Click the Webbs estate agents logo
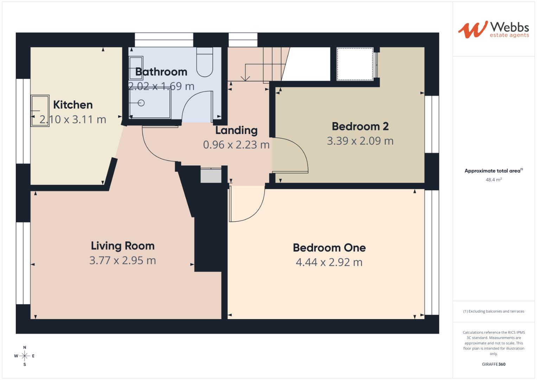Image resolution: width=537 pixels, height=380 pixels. pyautogui.click(x=493, y=30)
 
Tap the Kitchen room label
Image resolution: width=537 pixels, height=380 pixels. pyautogui.click(x=73, y=105)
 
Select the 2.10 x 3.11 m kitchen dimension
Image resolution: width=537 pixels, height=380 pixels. pyautogui.click(x=73, y=120)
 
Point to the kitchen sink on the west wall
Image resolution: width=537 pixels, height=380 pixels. pyautogui.click(x=40, y=110)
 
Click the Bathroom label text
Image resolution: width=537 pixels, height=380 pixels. pyautogui.click(x=161, y=72)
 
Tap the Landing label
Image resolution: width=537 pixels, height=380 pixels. pyautogui.click(x=236, y=131)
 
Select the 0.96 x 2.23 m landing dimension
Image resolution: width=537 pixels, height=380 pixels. pyautogui.click(x=236, y=145)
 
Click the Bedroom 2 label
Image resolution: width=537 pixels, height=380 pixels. pyautogui.click(x=360, y=126)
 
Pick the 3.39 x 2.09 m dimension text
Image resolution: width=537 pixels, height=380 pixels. pyautogui.click(x=360, y=141)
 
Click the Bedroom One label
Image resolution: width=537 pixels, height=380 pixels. pyautogui.click(x=329, y=248)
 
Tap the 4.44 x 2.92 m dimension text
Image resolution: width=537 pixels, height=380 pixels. pyautogui.click(x=329, y=262)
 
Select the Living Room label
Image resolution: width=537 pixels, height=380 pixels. pyautogui.click(x=123, y=246)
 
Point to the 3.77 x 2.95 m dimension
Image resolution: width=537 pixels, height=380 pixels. pyautogui.click(x=123, y=261)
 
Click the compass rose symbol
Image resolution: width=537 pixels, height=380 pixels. pyautogui.click(x=25, y=356)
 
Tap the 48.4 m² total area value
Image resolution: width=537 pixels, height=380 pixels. pyautogui.click(x=493, y=180)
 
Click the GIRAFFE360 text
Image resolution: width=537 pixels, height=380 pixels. pyautogui.click(x=493, y=364)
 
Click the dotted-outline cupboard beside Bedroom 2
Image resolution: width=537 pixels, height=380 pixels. pyautogui.click(x=355, y=64)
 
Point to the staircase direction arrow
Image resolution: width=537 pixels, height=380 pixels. pyautogui.click(x=245, y=78)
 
